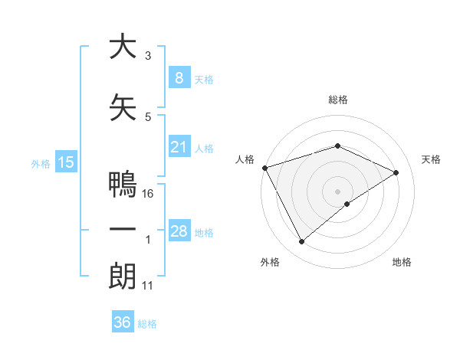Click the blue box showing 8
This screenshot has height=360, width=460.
pos(179,77)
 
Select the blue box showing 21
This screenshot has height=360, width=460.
pos(179,147)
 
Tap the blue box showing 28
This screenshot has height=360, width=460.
pos(179,231)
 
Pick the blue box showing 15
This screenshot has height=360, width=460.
pos(66,162)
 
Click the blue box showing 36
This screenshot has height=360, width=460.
pos(122,322)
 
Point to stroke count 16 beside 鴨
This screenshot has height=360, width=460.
pos(149,194)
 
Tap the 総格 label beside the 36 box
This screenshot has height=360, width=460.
pos(147,324)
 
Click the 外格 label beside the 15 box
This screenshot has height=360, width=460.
pos(40,163)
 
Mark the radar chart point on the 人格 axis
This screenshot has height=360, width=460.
pos(264,168)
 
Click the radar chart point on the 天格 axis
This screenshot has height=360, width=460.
pos(396,172)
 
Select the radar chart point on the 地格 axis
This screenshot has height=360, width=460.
pos(347,204)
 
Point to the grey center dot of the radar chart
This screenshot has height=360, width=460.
pos(337,191)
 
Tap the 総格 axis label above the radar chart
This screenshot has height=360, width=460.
pos(337,100)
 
